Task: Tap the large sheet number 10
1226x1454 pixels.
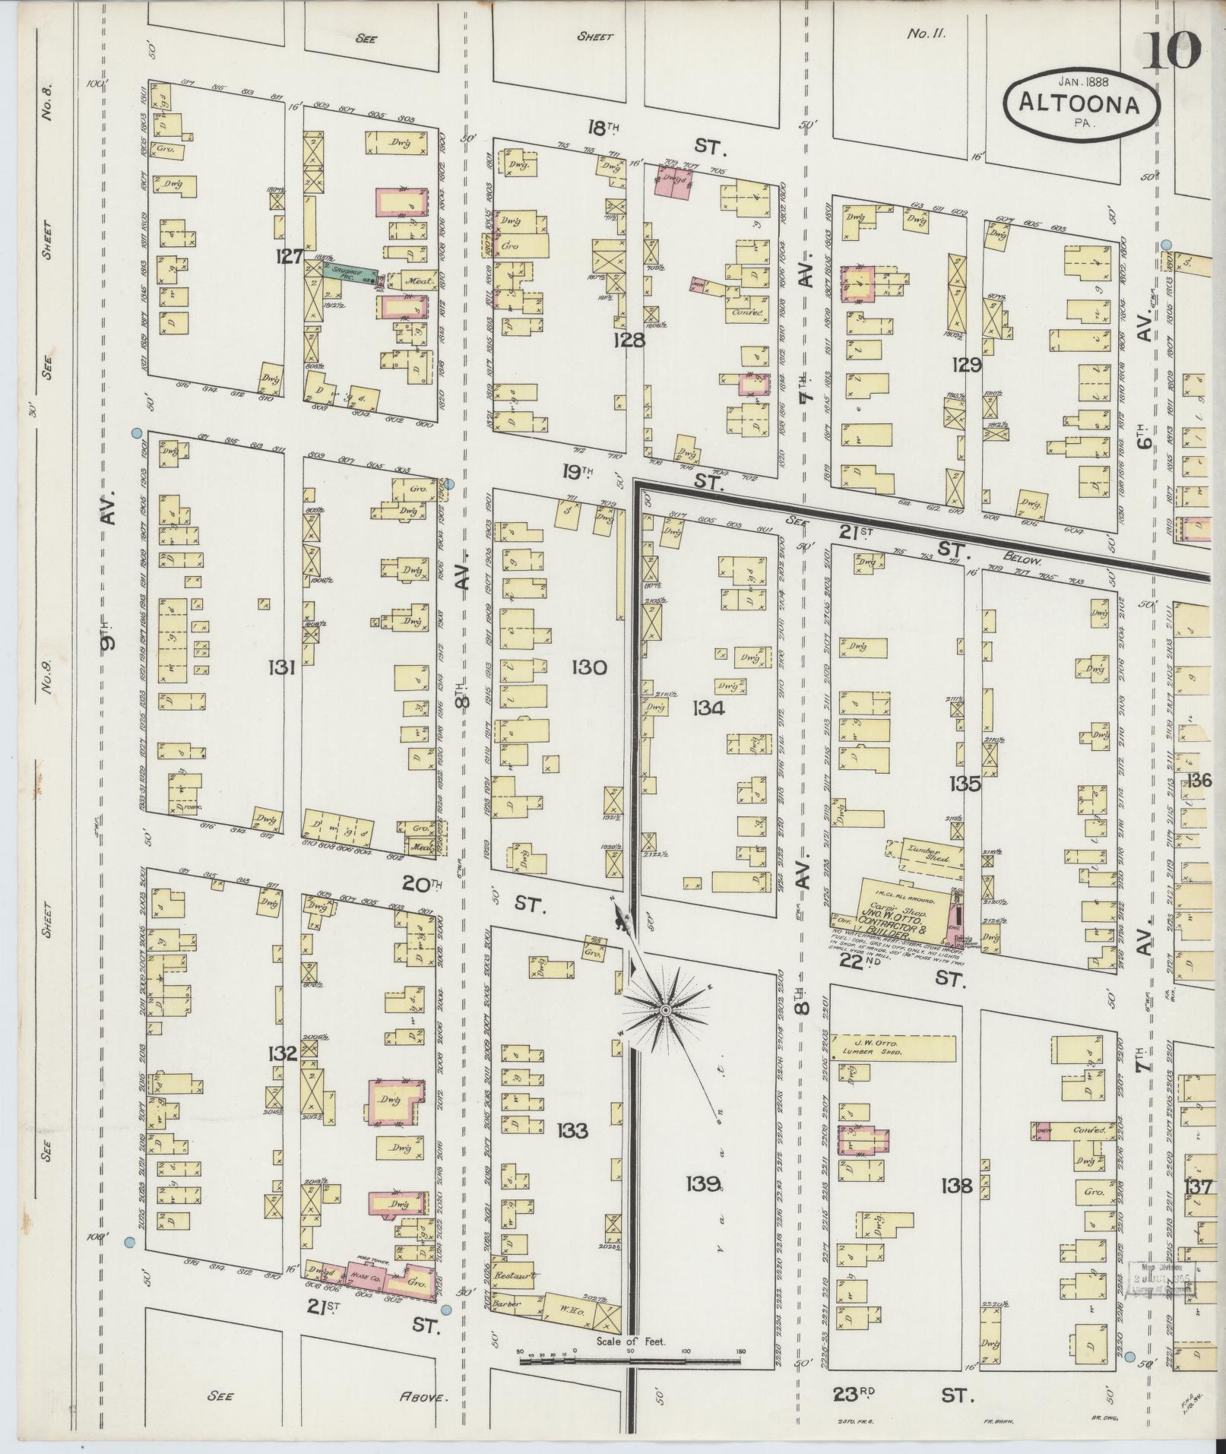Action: (1174, 50)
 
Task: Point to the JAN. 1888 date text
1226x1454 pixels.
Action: (1082, 80)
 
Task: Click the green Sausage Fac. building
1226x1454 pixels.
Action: (350, 271)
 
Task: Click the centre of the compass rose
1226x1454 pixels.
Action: (664, 1010)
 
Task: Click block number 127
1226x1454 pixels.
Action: (290, 257)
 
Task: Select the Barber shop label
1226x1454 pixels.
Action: (506, 1304)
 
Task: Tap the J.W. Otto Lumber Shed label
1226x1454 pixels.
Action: (874, 1048)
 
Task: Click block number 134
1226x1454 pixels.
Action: (708, 708)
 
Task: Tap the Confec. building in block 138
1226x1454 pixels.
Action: (1087, 1130)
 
